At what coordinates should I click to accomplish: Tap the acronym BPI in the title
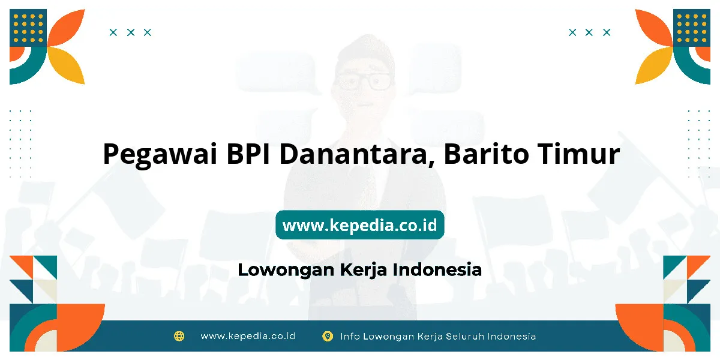pyautogui.click(x=248, y=154)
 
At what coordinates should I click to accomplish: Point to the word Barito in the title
pyautogui.click(x=487, y=154)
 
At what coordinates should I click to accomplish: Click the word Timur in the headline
pyautogui.click(x=579, y=154)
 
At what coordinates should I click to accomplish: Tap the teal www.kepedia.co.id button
pyautogui.click(x=359, y=224)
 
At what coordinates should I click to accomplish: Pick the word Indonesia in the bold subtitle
pyautogui.click(x=437, y=269)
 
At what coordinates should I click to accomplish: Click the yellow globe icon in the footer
pyautogui.click(x=179, y=336)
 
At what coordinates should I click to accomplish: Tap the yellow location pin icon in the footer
pyautogui.click(x=328, y=337)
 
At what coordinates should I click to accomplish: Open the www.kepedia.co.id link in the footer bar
pyautogui.click(x=248, y=336)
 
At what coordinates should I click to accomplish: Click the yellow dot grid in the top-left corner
pyautogui.click(x=28, y=28)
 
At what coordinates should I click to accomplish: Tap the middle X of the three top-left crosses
pyautogui.click(x=131, y=32)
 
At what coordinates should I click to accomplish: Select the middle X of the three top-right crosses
pyautogui.click(x=589, y=32)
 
